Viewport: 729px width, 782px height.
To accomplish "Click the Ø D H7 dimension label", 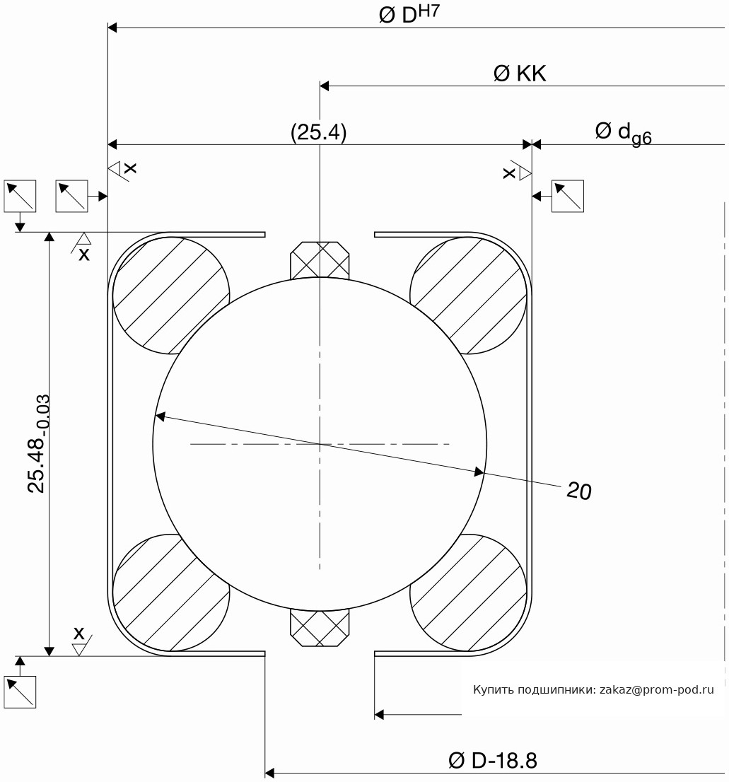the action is pyautogui.click(x=409, y=13).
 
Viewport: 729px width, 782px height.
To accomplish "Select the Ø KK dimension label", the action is pyautogui.click(x=520, y=74).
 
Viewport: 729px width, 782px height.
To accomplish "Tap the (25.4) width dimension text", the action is pyautogui.click(x=319, y=132).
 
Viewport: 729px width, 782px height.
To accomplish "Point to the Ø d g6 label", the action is pyautogui.click(x=623, y=133).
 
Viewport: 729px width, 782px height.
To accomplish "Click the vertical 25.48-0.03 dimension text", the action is pyautogui.click(x=39, y=443).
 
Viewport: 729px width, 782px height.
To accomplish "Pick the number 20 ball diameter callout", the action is pyautogui.click(x=579, y=491).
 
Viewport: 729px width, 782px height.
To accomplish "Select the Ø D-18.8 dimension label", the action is pyautogui.click(x=493, y=761).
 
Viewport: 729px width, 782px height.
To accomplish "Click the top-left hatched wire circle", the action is pyautogui.click(x=171, y=296).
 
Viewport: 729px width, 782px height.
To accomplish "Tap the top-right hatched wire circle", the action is pyautogui.click(x=468, y=296).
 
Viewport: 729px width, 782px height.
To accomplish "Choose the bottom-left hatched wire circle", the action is pyautogui.click(x=171, y=593).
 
